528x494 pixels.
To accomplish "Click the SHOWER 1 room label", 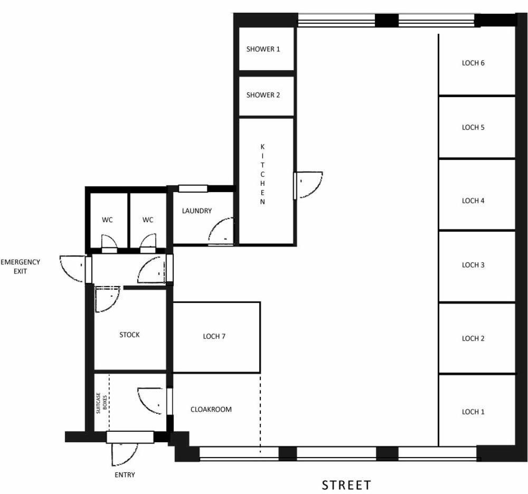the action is (263, 49).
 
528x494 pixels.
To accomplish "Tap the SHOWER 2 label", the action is (263, 95).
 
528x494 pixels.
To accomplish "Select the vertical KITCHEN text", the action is (262, 174).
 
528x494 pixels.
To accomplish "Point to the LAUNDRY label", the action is (196, 211).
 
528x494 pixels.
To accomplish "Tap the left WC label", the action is (107, 220).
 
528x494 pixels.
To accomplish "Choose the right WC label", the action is (147, 220).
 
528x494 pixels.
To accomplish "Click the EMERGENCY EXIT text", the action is (20, 267).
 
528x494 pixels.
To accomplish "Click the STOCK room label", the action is (129, 335).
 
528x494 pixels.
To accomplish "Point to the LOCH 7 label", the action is (214, 337).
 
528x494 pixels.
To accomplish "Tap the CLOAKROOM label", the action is (211, 410).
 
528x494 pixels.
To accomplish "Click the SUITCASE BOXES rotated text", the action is (101, 403).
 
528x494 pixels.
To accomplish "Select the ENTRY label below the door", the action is (125, 475).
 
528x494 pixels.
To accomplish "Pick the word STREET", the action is (346, 485).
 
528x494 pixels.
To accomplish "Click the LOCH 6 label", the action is (473, 63).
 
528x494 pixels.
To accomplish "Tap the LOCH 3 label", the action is (473, 265).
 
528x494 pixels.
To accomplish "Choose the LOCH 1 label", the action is (473, 412).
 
